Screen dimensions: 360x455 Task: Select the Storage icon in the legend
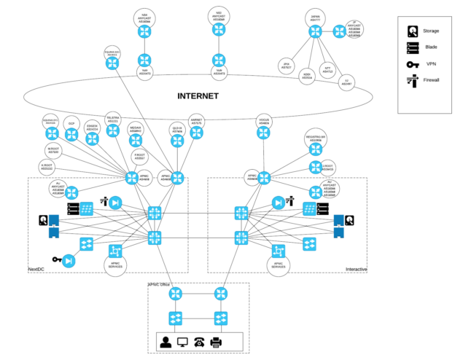[x=413, y=31]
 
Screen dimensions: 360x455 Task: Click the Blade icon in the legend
[x=413, y=48]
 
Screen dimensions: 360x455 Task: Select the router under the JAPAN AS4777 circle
[x=314, y=31]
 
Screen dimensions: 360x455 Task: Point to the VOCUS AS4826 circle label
[x=264, y=123]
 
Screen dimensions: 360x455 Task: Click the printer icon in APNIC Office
[x=216, y=342]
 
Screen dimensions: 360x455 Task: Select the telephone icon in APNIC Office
[x=198, y=342]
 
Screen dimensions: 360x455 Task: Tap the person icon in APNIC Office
[x=166, y=342]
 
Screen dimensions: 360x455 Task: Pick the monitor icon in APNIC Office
[x=182, y=342]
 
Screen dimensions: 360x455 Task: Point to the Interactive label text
[x=356, y=270]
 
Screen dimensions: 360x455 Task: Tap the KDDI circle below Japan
[x=306, y=74]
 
